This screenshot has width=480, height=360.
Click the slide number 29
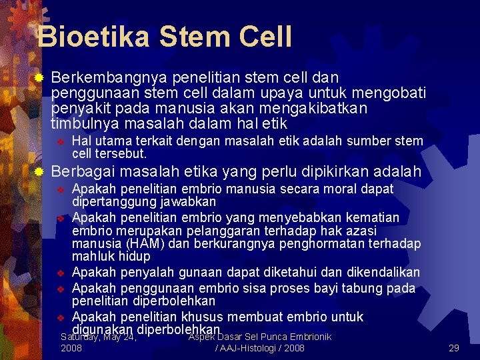pyautogui.click(x=454, y=348)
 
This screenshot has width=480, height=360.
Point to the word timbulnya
pyautogui.click(x=81, y=124)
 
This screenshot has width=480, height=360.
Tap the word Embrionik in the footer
pyautogui.click(x=308, y=337)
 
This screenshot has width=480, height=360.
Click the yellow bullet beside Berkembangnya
pyautogui.click(x=39, y=79)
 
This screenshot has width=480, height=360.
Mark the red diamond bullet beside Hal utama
pyautogui.click(x=59, y=141)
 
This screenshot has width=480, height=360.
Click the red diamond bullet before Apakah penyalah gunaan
pyautogui.click(x=59, y=273)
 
